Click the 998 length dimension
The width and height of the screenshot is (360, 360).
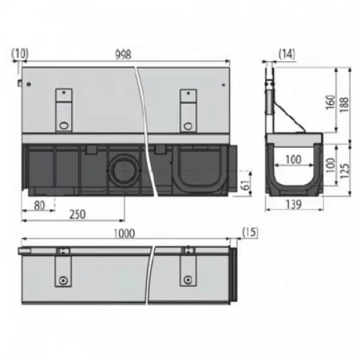coord(123,55)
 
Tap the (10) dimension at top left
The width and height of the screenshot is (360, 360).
coord(20,54)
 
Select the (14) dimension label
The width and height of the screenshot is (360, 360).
coord(287,54)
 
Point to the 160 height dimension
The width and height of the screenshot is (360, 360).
coord(331,102)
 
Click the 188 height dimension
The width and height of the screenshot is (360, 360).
coord(344,104)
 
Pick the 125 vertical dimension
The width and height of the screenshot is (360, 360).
coord(344,171)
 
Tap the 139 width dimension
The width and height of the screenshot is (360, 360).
coord(294,204)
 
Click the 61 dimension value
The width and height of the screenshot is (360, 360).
coord(246,185)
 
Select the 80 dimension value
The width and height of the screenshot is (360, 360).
coord(39,205)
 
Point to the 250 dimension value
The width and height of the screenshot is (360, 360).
coord(77,214)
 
